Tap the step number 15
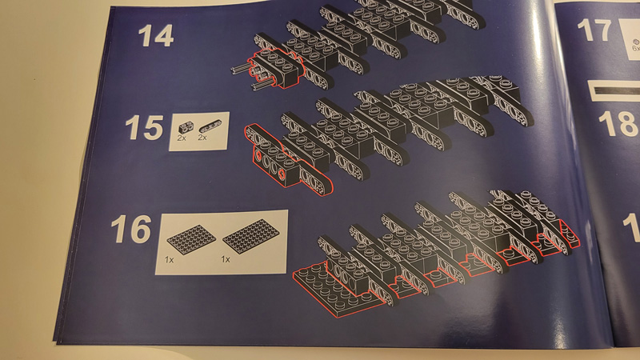coord(144,129)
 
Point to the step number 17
coord(594,31)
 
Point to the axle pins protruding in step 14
coord(240,76)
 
